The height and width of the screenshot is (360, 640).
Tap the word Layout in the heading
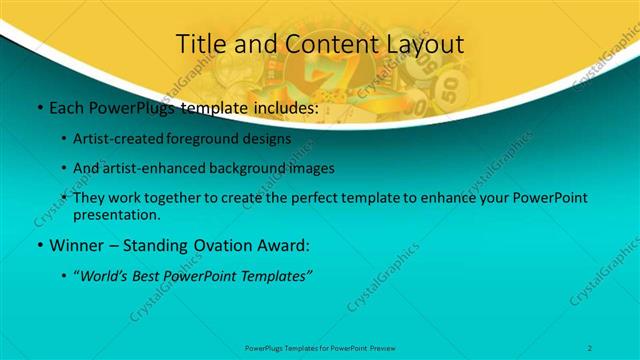(422, 44)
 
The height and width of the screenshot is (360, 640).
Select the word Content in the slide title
(316, 44)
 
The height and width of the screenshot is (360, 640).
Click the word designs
(269, 140)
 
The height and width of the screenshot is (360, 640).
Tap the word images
(312, 169)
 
